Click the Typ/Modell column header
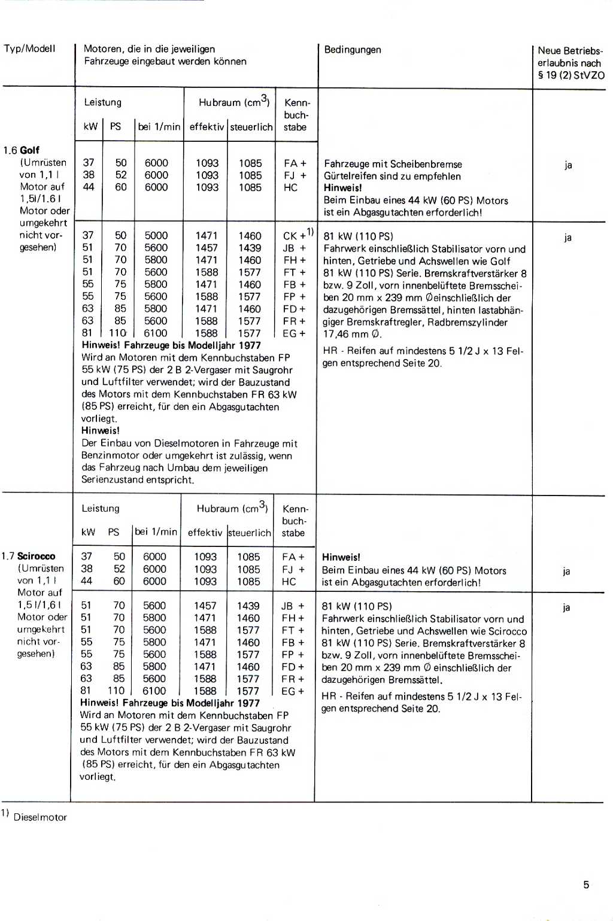coord(29,48)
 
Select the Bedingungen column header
coord(353,50)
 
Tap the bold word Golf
coord(30,150)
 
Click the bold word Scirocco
coord(37,556)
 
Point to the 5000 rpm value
coord(156,236)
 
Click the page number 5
coord(586,884)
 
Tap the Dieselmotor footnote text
coord(40,817)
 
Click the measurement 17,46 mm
coord(346,335)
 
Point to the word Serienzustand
coord(111,480)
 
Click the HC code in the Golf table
coord(290,187)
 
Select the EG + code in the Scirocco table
coord(292,691)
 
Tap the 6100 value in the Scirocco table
coord(154,691)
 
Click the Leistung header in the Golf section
coord(102,102)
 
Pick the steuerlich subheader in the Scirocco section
coord(250,533)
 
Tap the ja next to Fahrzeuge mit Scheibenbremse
coord(568,165)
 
